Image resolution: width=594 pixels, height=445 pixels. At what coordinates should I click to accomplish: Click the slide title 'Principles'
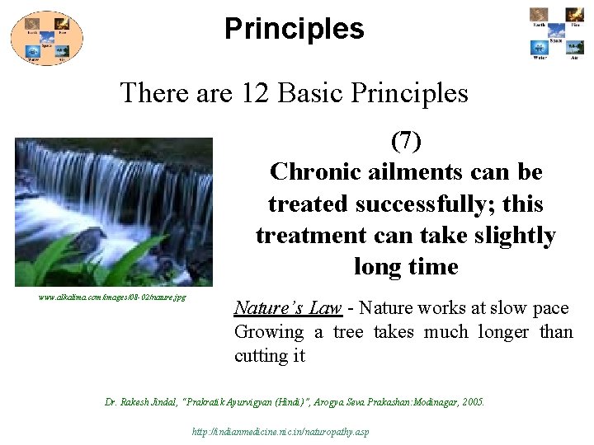pyautogui.click(x=294, y=29)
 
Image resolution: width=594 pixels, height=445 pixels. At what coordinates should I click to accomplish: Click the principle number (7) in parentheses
pyautogui.click(x=405, y=141)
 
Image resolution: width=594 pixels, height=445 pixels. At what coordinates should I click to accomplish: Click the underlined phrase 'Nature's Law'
pyautogui.click(x=288, y=308)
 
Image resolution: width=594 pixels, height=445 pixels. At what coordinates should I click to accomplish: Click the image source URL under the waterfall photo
pyautogui.click(x=112, y=297)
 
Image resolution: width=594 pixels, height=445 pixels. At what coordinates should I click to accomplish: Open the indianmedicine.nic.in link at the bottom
pyautogui.click(x=280, y=432)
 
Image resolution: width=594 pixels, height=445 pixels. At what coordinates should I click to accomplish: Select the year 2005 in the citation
pyautogui.click(x=473, y=402)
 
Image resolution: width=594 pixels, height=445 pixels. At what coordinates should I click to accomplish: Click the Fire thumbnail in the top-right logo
pyautogui.click(x=574, y=16)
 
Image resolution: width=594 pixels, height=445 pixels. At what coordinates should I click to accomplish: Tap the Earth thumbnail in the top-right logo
pyautogui.click(x=539, y=16)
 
